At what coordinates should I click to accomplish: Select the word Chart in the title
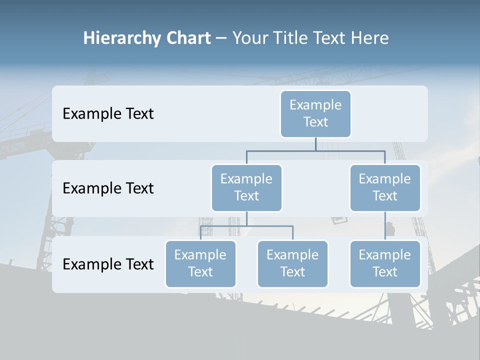(x=186, y=38)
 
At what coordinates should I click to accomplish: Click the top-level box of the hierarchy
(x=315, y=113)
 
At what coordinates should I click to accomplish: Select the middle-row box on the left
(x=246, y=187)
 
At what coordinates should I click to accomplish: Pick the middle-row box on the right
(x=385, y=187)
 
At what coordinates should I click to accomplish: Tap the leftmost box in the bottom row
(x=200, y=263)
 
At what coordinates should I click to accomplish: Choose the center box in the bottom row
(x=292, y=263)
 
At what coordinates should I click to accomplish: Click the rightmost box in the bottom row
(x=385, y=263)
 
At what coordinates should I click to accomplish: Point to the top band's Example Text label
(x=108, y=113)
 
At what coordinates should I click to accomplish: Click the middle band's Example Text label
(x=108, y=188)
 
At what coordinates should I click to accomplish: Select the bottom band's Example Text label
(x=108, y=264)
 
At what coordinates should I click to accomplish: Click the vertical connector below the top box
(x=315, y=144)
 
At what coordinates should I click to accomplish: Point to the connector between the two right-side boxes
(x=385, y=226)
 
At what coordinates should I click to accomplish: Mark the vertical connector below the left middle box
(x=246, y=218)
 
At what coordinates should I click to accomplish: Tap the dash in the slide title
(x=221, y=38)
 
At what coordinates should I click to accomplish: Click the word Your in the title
(x=248, y=38)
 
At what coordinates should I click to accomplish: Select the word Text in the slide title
(x=326, y=38)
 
